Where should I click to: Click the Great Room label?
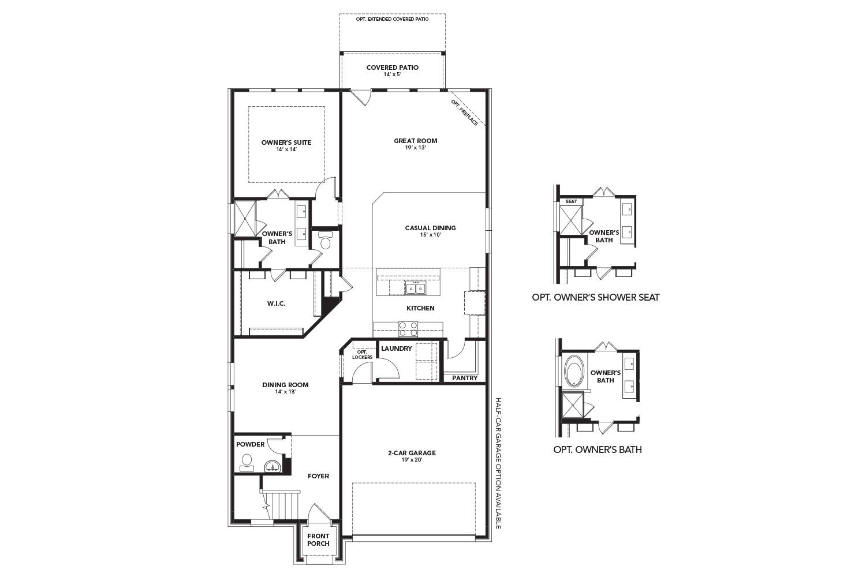(415, 141)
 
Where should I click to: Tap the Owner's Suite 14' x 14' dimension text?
(286, 150)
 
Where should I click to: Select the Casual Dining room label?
(430, 228)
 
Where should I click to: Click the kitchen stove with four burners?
(409, 329)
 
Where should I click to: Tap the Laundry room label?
(396, 349)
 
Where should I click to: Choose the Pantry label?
(465, 379)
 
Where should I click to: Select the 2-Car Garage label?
(411, 453)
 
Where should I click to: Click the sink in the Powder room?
(271, 465)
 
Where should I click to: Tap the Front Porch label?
(318, 540)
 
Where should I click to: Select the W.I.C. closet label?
(276, 304)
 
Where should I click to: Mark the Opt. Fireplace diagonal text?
(465, 113)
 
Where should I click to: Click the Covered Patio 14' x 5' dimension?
(392, 75)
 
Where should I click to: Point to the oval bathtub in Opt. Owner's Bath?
(573, 371)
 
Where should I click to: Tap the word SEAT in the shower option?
(571, 201)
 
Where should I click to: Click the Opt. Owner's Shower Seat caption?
(595, 298)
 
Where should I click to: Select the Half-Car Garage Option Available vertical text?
(498, 463)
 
